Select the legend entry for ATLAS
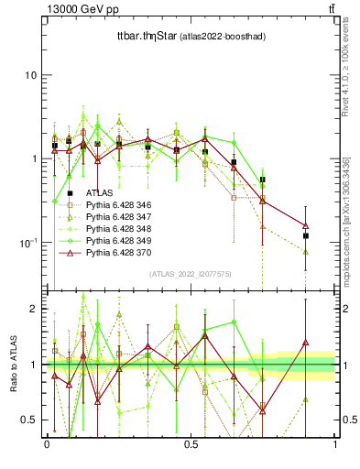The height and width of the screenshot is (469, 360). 100,192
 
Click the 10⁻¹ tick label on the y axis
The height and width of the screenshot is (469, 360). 27,243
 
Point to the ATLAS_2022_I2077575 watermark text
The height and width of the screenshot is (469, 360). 191,274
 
